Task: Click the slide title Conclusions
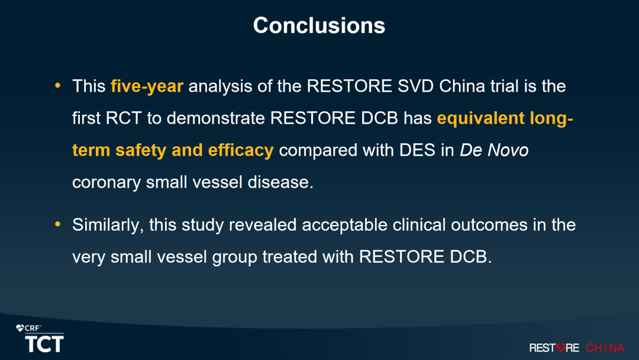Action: tap(319, 25)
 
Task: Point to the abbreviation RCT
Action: tap(124, 118)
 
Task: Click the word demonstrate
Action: tap(216, 118)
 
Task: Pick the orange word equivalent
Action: tap(480, 118)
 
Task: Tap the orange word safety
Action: tap(141, 150)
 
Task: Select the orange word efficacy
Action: tap(241, 150)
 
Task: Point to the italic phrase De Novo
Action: tap(494, 150)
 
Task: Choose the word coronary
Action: tap(106, 182)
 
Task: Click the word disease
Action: tap(280, 182)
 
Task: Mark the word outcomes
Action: tap(489, 225)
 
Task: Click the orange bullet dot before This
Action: tap(57, 86)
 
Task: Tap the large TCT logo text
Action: tap(44, 343)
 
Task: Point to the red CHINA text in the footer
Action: tap(605, 348)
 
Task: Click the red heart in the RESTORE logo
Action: tap(561, 348)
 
